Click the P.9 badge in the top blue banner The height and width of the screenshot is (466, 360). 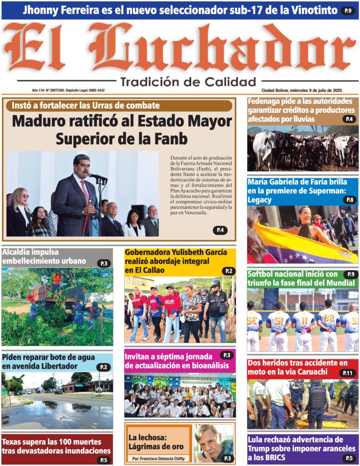coord(348,10)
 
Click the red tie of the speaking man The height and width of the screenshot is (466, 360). coord(85,192)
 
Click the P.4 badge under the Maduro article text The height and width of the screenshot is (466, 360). coord(220,230)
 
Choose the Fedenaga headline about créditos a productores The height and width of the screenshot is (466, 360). coord(301,110)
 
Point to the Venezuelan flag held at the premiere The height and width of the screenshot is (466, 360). coord(305,246)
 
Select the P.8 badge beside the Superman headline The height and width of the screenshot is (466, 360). coord(350,200)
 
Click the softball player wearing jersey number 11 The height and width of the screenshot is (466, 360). coord(303,326)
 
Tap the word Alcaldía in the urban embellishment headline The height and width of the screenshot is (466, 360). coord(20,253)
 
